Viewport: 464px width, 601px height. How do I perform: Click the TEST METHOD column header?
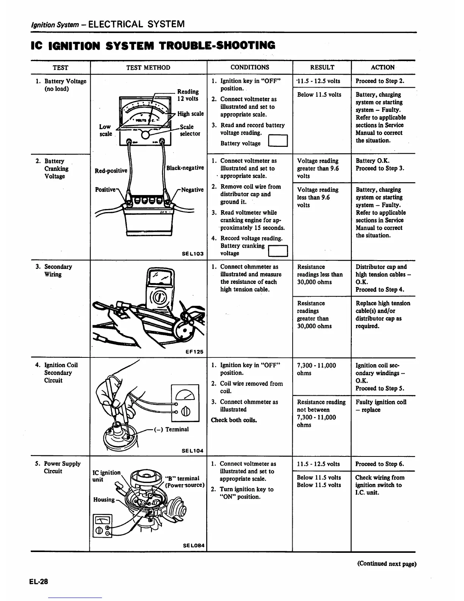click(x=148, y=68)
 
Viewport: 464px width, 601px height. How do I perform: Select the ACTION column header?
click(x=382, y=68)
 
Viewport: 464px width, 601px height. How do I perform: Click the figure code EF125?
click(x=194, y=352)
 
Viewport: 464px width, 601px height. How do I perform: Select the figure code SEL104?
click(x=193, y=451)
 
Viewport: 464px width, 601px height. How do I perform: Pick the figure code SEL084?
click(x=194, y=546)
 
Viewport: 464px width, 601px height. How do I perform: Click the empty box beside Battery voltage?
click(x=278, y=141)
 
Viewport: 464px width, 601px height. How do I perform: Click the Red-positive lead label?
click(x=111, y=171)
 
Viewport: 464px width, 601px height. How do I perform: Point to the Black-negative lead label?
click(x=185, y=168)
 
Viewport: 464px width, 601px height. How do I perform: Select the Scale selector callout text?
click(x=190, y=130)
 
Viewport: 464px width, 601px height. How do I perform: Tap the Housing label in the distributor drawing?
click(x=104, y=499)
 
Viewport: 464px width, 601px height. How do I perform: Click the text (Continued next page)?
click(x=387, y=563)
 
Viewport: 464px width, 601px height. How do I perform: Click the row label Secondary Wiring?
click(x=58, y=270)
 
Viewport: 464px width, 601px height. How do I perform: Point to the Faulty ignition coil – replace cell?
click(x=381, y=406)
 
